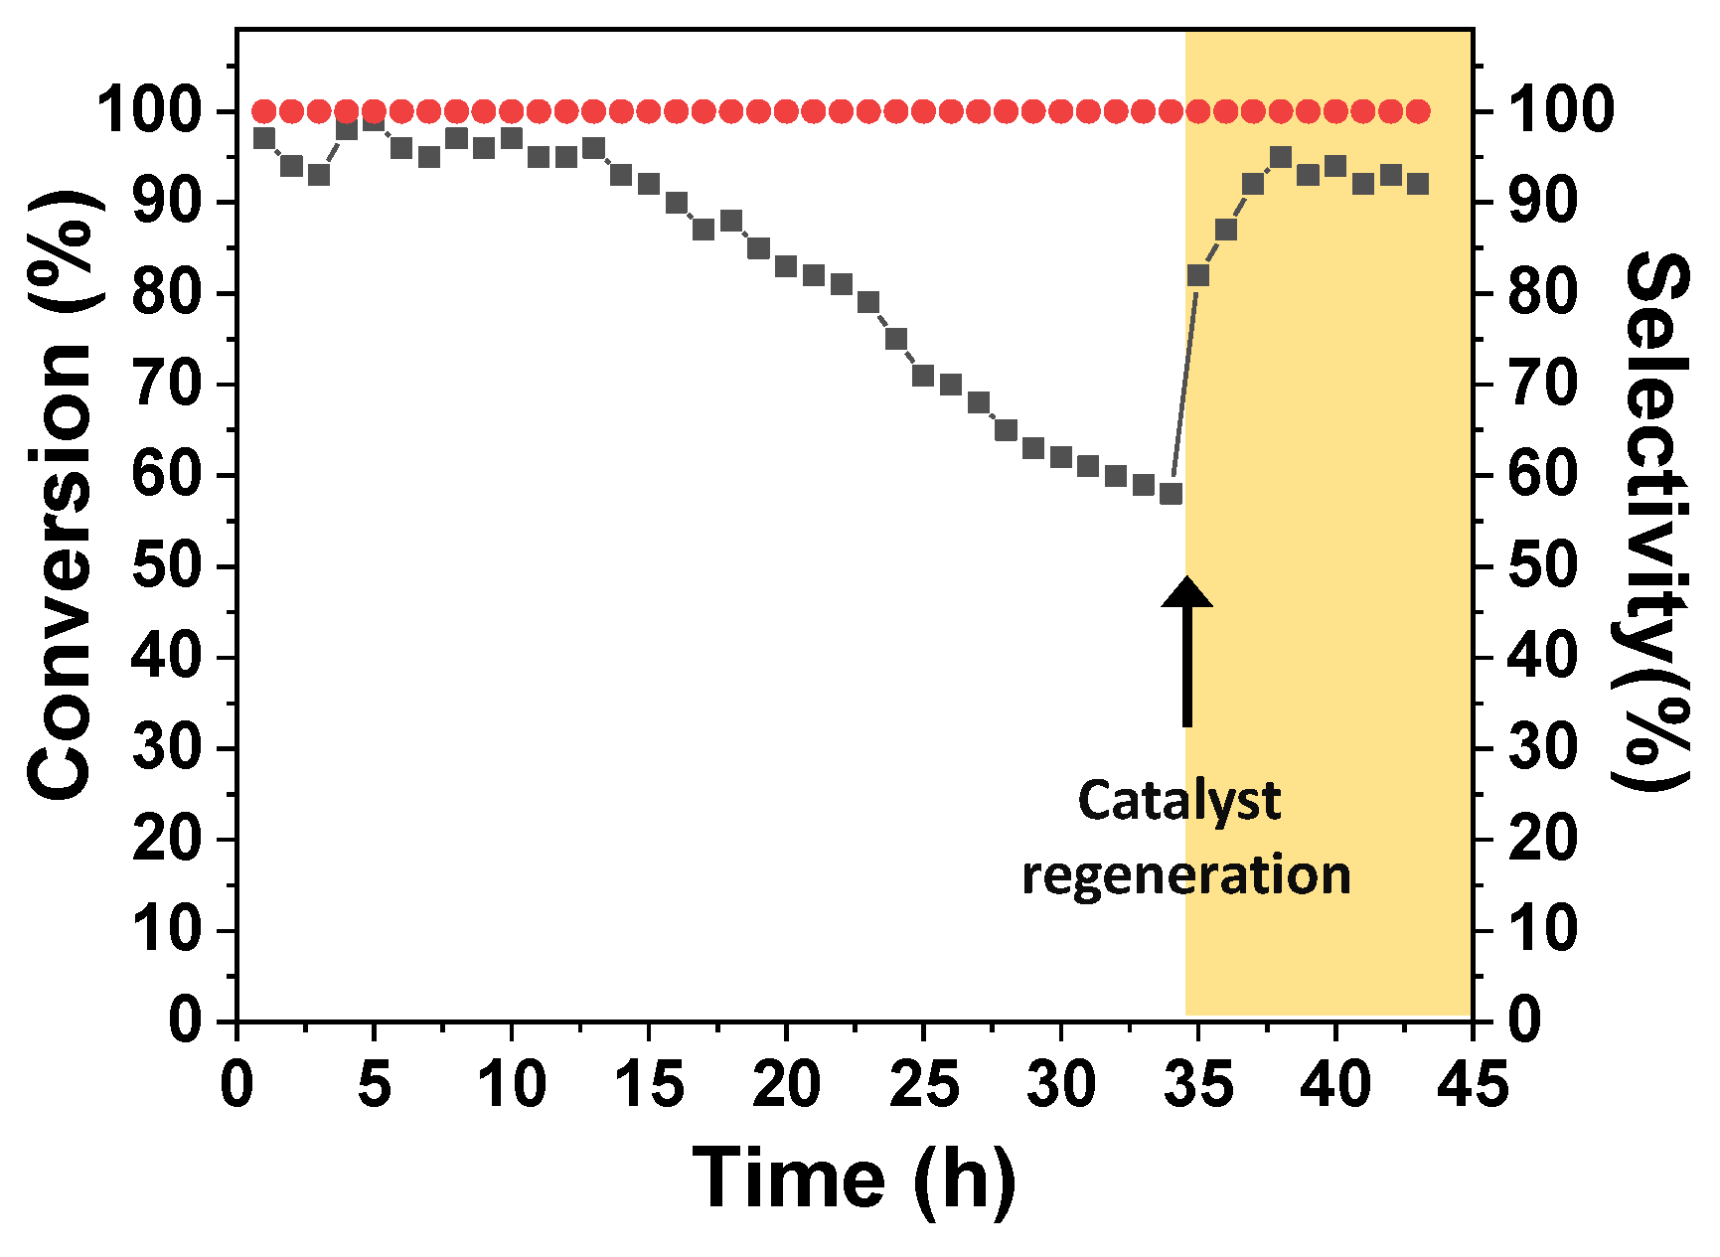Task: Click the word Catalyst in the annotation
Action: coord(1179,801)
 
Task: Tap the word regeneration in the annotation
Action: coord(1186,875)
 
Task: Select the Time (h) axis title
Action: coord(855,1178)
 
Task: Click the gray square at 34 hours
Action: coord(1172,494)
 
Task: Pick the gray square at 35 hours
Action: coord(1198,275)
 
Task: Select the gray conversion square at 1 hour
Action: coord(264,138)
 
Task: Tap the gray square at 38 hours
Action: coord(1281,157)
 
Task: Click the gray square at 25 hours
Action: coord(923,376)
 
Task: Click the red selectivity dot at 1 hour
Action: coord(264,110)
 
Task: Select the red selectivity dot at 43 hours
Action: coord(1419,110)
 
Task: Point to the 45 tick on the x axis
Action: coord(1472,1084)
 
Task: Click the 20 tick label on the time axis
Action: coord(786,1084)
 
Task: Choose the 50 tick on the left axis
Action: coord(166,566)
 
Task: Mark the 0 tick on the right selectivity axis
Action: coord(1525,1021)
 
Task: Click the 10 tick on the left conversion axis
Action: coord(166,930)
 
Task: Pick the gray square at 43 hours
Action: coord(1419,184)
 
